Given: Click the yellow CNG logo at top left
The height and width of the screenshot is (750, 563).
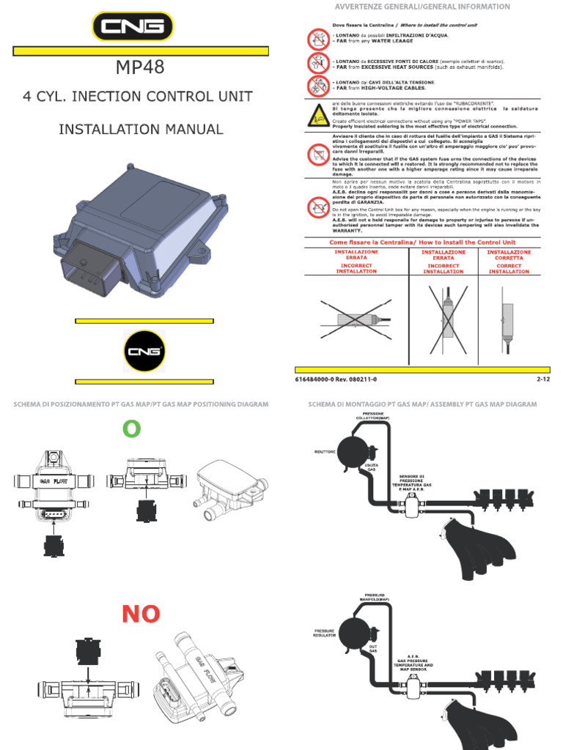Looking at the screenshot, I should [x=133, y=29].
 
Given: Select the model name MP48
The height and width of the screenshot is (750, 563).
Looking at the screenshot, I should [x=140, y=68].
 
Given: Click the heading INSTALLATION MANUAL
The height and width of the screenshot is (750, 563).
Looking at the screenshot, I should [x=141, y=130].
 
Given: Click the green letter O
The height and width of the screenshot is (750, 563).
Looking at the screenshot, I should [x=131, y=430].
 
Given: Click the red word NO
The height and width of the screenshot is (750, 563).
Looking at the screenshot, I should [x=141, y=615].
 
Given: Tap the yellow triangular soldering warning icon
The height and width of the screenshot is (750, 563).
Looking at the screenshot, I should [x=317, y=114].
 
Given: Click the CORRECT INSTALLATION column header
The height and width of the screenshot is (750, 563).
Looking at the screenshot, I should [x=509, y=261].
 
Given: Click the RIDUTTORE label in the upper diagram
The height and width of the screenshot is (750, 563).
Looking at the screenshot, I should [x=325, y=452].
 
